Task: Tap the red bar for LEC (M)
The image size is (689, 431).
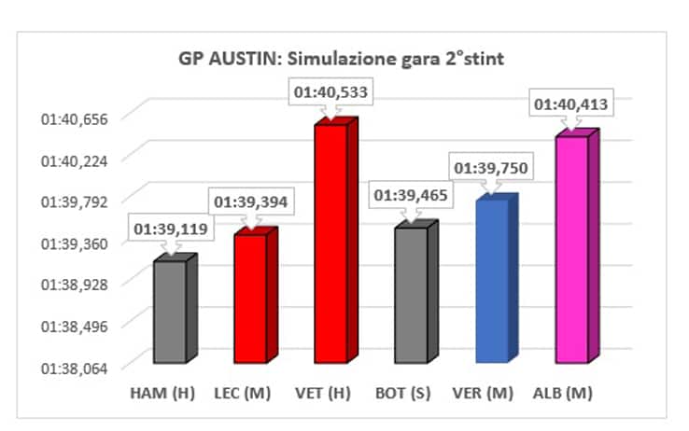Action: [250, 298]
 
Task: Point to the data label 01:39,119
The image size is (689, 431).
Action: [169, 228]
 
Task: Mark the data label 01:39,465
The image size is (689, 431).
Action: [411, 196]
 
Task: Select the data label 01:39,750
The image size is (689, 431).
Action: [491, 168]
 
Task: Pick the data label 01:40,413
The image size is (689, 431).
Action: [570, 104]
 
